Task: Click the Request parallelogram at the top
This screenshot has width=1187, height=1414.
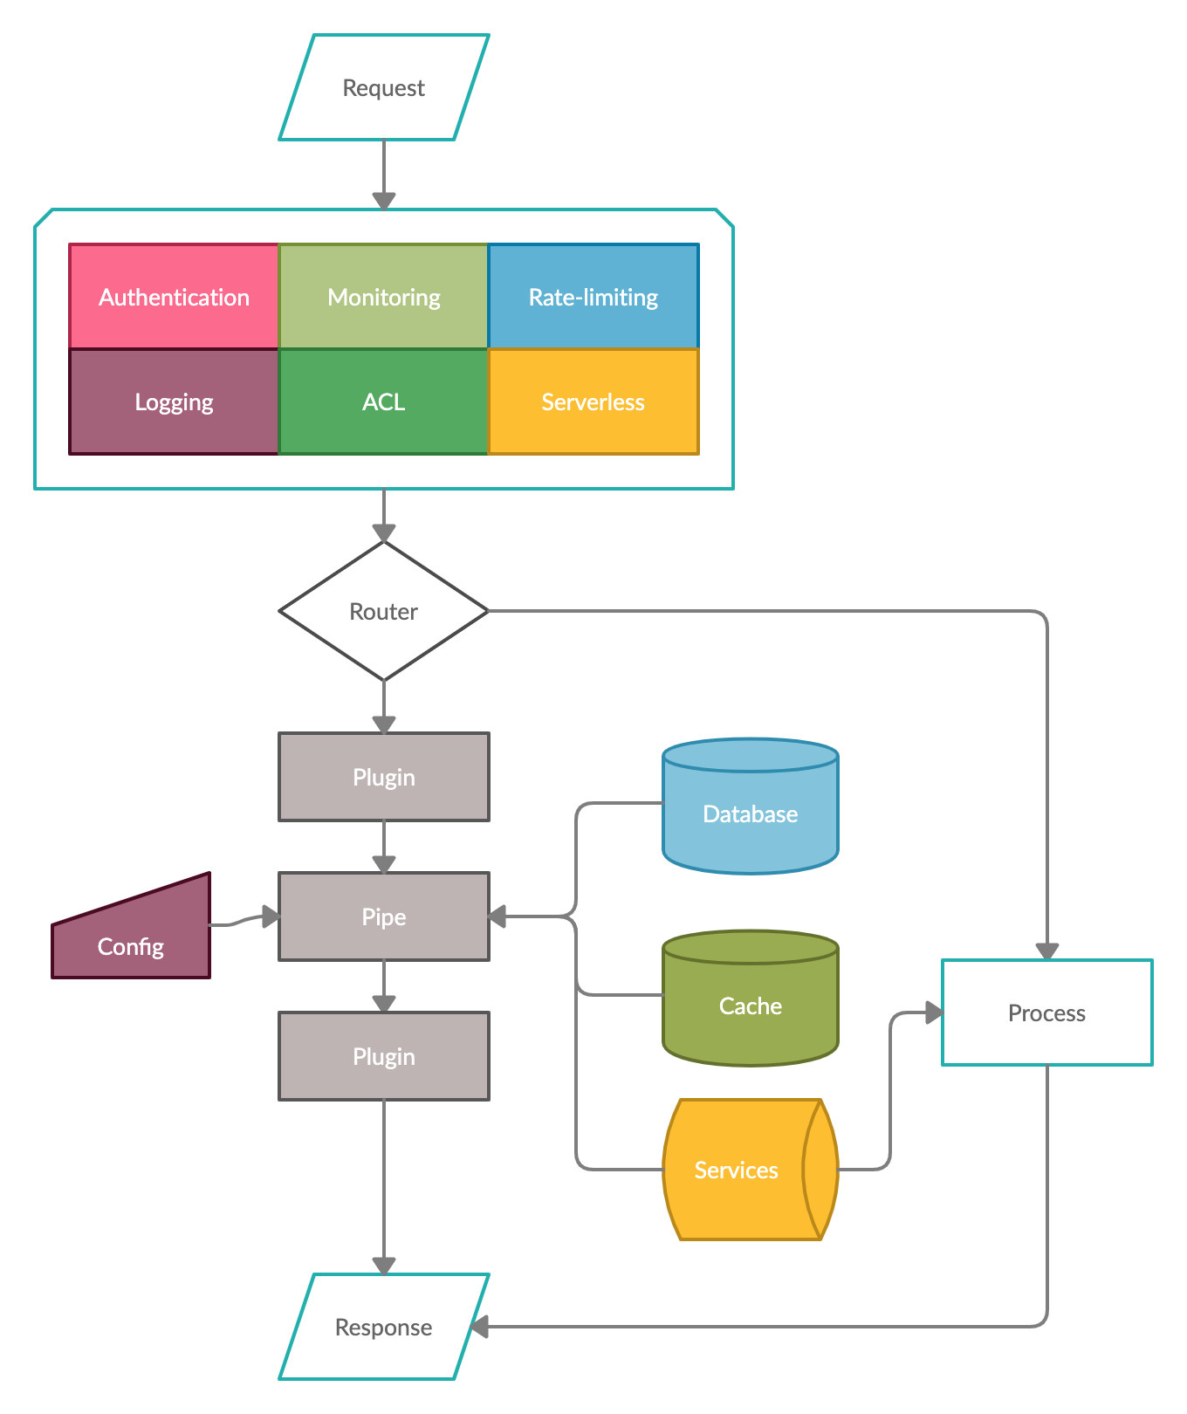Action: pos(384,87)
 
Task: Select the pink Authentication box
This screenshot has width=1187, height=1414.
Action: pos(174,297)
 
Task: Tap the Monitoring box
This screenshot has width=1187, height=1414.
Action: pos(383,297)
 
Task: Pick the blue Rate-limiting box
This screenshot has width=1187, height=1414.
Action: pos(593,297)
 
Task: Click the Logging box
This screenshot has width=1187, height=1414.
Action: pos(174,402)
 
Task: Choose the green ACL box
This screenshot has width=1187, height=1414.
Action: pos(383,402)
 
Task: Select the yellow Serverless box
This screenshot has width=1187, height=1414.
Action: pos(593,402)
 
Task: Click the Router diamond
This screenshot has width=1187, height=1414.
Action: pos(384,611)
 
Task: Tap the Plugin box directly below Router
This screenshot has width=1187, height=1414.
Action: pos(384,777)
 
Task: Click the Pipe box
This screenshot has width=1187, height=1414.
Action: pos(384,916)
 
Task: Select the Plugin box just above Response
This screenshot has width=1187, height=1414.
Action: pos(384,1056)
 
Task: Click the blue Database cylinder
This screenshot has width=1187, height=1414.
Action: pos(751,813)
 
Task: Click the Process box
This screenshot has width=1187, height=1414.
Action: pos(1047,1012)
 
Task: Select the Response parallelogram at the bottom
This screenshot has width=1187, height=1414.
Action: pos(384,1327)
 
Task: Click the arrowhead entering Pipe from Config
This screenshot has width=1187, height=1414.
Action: pos(271,916)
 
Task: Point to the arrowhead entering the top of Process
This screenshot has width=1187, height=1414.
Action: pos(1047,951)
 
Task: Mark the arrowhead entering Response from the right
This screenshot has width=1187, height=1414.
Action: pos(480,1327)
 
